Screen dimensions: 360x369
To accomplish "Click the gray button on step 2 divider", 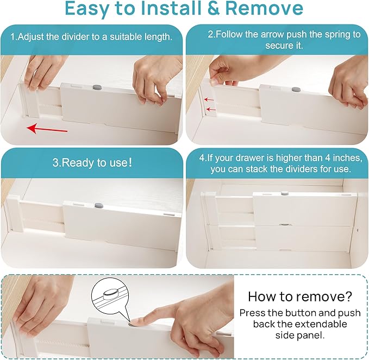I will point(296,90).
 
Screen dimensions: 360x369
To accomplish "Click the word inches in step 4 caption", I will point(341,158).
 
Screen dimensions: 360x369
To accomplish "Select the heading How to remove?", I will point(299,296).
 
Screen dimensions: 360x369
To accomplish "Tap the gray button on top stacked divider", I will point(283,192).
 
